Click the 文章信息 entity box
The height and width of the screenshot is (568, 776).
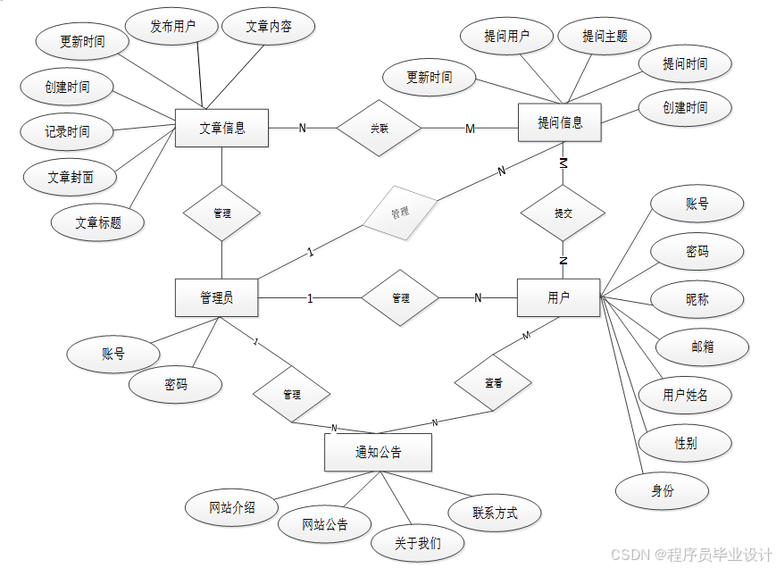[221, 128]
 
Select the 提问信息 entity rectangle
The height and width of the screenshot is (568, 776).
[560, 122]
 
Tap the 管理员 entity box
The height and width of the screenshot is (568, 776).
[217, 297]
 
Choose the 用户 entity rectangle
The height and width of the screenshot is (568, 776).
[558, 297]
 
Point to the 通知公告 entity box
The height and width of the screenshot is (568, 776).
[378, 452]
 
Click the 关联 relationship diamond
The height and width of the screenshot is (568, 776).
[379, 128]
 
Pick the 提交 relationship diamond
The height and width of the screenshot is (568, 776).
[563, 213]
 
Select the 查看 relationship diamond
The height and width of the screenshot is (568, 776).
[493, 382]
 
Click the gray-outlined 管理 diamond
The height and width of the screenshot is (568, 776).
[399, 213]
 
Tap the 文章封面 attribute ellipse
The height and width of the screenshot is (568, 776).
[70, 177]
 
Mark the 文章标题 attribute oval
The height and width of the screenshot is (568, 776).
[98, 222]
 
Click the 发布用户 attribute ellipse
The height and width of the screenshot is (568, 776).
[172, 27]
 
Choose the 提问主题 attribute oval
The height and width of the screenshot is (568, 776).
[605, 37]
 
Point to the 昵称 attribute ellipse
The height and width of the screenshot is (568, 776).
[697, 299]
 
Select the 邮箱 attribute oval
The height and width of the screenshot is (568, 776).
[702, 347]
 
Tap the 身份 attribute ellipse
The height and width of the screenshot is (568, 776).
[662, 490]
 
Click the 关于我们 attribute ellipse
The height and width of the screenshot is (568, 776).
[417, 542]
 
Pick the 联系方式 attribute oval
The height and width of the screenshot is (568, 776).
[494, 513]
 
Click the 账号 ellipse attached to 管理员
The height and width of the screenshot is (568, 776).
[113, 354]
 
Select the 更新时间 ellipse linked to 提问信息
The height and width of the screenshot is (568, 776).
[429, 78]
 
